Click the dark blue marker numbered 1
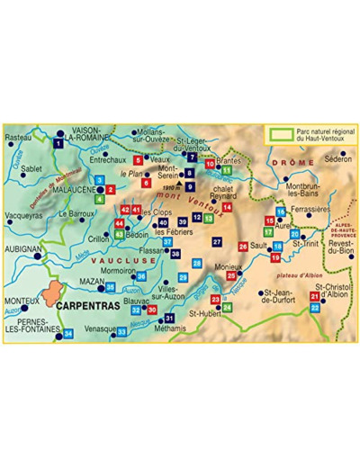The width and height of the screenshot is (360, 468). (58, 142)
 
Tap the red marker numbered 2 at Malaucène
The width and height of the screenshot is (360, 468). (110, 190)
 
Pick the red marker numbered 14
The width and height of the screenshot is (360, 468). (227, 206)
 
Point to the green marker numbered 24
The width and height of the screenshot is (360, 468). (227, 307)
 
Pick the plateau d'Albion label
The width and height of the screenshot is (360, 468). (298, 267)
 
